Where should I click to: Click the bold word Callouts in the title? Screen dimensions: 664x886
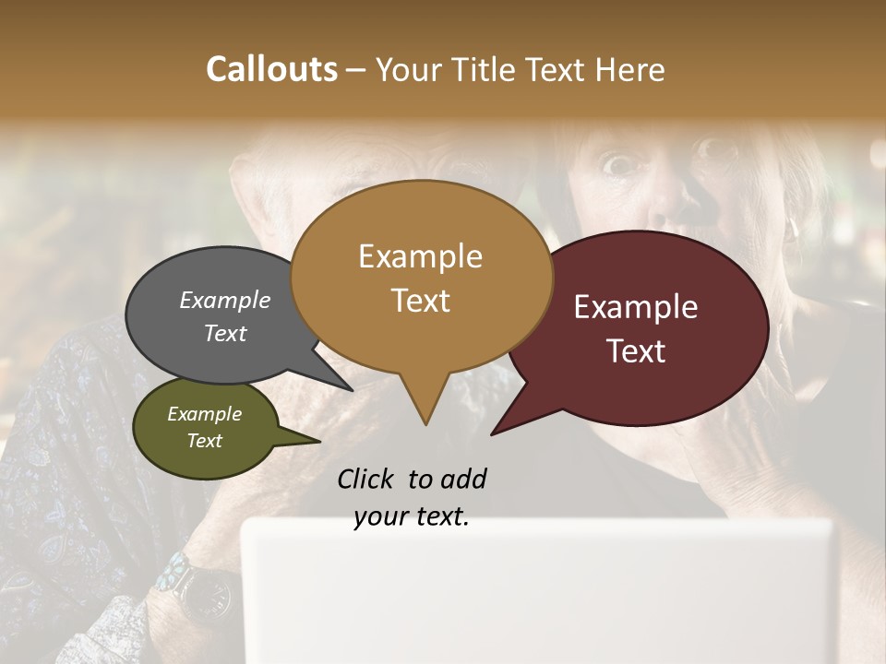coord(271,69)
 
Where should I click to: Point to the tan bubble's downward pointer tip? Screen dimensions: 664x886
coord(425,424)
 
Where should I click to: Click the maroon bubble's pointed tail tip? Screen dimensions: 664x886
coord(492,434)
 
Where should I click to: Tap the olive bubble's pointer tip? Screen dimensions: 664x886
coord(319,441)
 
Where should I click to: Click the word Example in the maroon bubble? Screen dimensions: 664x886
coord(636,307)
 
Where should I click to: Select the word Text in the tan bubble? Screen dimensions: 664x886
coord(420,301)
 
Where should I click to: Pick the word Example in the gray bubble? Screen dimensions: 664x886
coord(225,301)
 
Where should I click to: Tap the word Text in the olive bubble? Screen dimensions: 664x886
coord(205,441)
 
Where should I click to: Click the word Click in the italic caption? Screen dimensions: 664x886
coord(365,479)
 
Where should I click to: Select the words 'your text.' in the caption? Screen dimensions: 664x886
coord(412,517)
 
